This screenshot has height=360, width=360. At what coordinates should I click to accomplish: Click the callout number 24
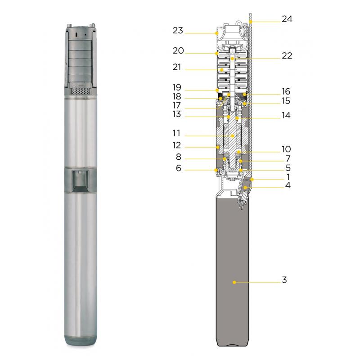(287, 19)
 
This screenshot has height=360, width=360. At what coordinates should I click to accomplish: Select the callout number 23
(178, 30)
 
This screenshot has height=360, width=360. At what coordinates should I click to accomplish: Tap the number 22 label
(287, 55)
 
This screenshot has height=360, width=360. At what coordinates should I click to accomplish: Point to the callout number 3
(284, 280)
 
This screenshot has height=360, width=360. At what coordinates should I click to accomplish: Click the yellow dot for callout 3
(234, 282)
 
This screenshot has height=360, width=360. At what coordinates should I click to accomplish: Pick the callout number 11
(176, 133)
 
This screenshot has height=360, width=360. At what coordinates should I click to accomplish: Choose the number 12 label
(176, 145)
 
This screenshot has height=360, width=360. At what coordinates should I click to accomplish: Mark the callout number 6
(179, 168)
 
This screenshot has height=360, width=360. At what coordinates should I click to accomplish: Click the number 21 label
(177, 67)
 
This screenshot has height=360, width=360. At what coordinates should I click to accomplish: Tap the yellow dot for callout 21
(222, 70)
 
